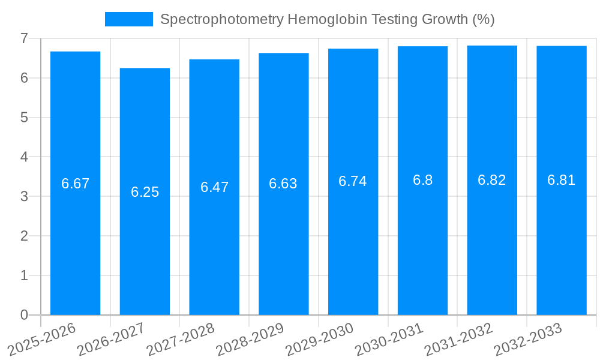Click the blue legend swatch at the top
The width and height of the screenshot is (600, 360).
click(128, 19)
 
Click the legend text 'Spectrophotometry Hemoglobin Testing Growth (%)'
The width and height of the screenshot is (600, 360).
click(328, 19)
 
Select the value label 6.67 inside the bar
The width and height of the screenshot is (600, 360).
click(76, 184)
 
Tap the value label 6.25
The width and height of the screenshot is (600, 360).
click(145, 192)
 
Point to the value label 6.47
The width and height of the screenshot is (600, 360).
click(214, 187)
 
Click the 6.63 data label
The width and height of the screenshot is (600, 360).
click(283, 184)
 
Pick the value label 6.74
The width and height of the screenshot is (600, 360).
click(353, 181)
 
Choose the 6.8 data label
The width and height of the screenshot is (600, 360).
click(422, 180)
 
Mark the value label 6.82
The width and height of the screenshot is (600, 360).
click(492, 180)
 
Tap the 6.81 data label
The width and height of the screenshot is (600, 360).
click(561, 180)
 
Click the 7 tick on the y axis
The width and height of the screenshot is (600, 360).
click(24, 38)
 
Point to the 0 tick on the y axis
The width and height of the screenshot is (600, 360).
click(24, 315)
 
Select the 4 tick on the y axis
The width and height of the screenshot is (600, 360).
click(24, 157)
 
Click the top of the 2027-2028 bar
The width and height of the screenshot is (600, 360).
click(214, 59)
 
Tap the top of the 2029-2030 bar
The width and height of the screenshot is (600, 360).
click(353, 49)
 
